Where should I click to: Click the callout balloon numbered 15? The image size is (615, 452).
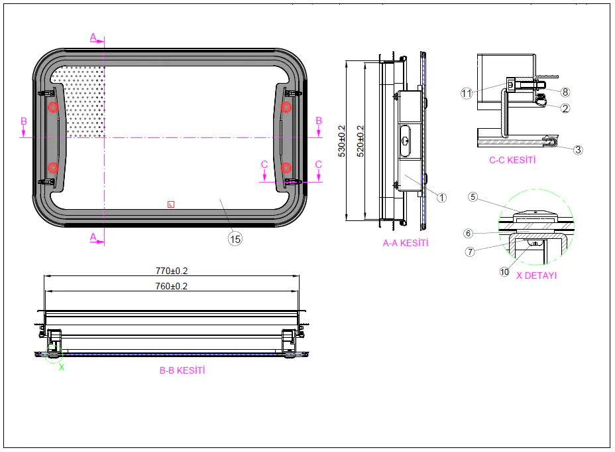tap(235, 239)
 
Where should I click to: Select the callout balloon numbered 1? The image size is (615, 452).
tap(441, 198)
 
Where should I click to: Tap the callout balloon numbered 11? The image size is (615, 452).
tap(467, 94)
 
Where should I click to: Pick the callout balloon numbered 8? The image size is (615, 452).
tap(565, 92)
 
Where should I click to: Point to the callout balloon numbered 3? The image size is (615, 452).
tap(578, 149)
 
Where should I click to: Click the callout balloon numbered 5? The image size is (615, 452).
tap(473, 196)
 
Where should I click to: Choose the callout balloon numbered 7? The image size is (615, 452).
tap(470, 252)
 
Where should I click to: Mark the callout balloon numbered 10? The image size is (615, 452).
tap(504, 271)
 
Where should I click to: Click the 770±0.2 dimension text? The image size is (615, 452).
tap(172, 271)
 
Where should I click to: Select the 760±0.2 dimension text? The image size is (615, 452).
tap(172, 286)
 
